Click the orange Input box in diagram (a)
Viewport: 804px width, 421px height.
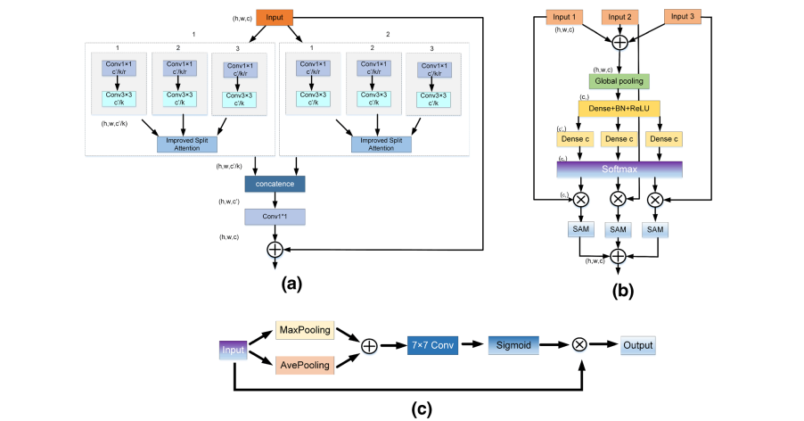274,17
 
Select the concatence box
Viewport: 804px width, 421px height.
275,184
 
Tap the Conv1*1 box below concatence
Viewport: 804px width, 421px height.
275,217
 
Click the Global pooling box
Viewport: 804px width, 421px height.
618,81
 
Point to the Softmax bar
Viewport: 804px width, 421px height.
619,168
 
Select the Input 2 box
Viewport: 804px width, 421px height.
619,18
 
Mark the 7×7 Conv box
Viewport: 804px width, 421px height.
433,345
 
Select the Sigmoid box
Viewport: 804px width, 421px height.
514,345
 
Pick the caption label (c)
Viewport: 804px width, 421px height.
422,409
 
